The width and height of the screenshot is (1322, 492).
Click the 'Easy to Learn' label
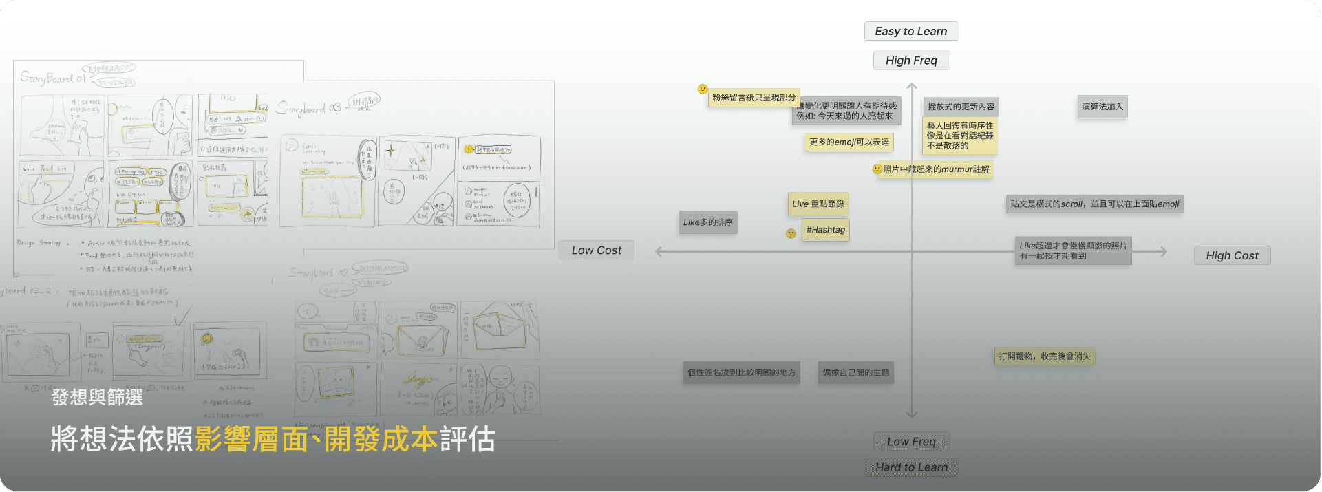point(910,31)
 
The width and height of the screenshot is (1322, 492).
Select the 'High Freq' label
point(910,61)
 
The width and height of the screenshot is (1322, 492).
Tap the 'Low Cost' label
point(596,250)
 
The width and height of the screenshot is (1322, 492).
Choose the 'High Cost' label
point(1231,255)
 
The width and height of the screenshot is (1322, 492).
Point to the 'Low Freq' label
point(910,442)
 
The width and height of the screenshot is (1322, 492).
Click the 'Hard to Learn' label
point(910,467)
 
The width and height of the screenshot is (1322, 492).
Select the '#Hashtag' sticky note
point(825,230)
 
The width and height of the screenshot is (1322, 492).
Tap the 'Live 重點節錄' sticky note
point(818,204)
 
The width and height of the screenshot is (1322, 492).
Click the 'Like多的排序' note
point(707,222)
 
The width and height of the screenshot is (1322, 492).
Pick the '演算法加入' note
point(1102,107)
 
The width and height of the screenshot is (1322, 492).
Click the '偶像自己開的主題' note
point(855,372)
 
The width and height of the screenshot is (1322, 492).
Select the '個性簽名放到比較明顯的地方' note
point(741,372)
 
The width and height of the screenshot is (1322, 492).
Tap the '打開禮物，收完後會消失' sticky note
point(1044,356)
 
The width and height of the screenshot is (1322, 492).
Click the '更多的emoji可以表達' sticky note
point(849,142)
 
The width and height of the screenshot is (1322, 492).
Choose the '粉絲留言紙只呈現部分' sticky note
point(754,98)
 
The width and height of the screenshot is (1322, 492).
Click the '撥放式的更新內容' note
point(961,107)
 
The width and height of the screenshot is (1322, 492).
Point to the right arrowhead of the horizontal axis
point(1164,252)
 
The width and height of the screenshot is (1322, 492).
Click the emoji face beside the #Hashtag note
point(791,234)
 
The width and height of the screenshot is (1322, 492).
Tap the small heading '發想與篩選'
point(97,397)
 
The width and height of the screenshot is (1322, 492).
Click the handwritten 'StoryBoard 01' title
point(52,78)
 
